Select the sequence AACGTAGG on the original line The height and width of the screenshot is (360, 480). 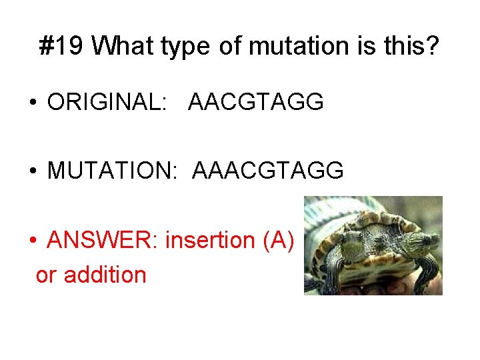pos(256,102)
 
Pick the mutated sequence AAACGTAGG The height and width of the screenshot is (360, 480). pos(268,171)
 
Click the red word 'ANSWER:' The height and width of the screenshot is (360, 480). pos(102,239)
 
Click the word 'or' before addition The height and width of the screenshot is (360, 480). pos(46,275)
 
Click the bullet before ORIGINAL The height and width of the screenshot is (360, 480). pos(31,103)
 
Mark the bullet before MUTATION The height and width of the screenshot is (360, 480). pos(31,171)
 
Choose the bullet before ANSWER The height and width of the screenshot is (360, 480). pos(31,240)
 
